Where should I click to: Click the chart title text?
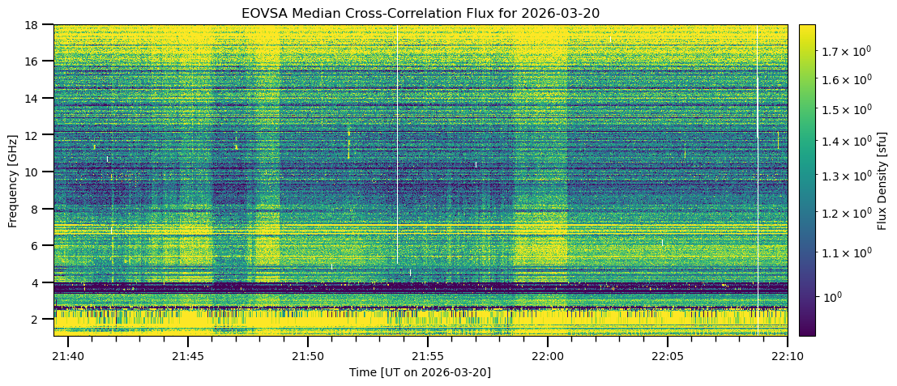coord(420,13)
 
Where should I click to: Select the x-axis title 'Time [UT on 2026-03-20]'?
coord(420,372)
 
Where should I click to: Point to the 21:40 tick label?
coord(68,356)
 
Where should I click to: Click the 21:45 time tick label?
coord(188,356)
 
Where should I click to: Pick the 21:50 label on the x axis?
coord(308,356)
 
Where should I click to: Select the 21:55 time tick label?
coord(428,356)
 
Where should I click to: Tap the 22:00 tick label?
coord(548,356)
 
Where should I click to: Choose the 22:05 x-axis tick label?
coord(668,356)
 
